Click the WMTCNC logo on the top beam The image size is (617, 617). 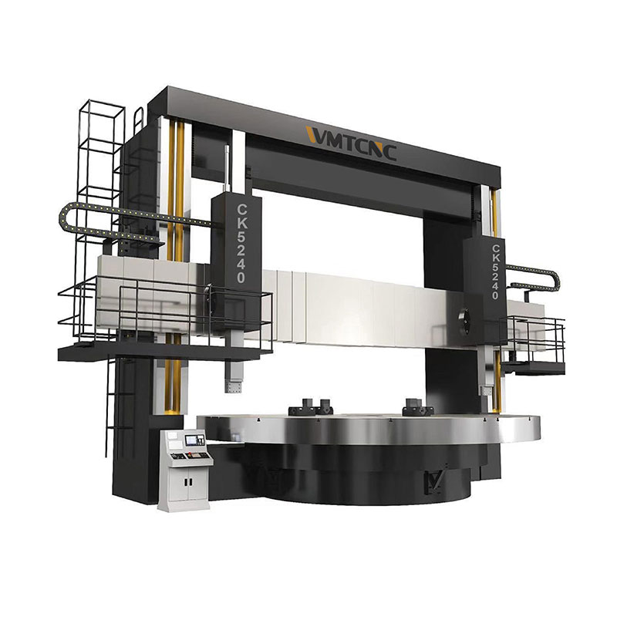coord(351,142)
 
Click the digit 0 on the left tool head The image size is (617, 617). coord(241,277)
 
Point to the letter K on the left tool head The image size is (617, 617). coord(242,224)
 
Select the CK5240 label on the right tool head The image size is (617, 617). coord(495,272)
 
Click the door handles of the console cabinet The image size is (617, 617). coord(188,481)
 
